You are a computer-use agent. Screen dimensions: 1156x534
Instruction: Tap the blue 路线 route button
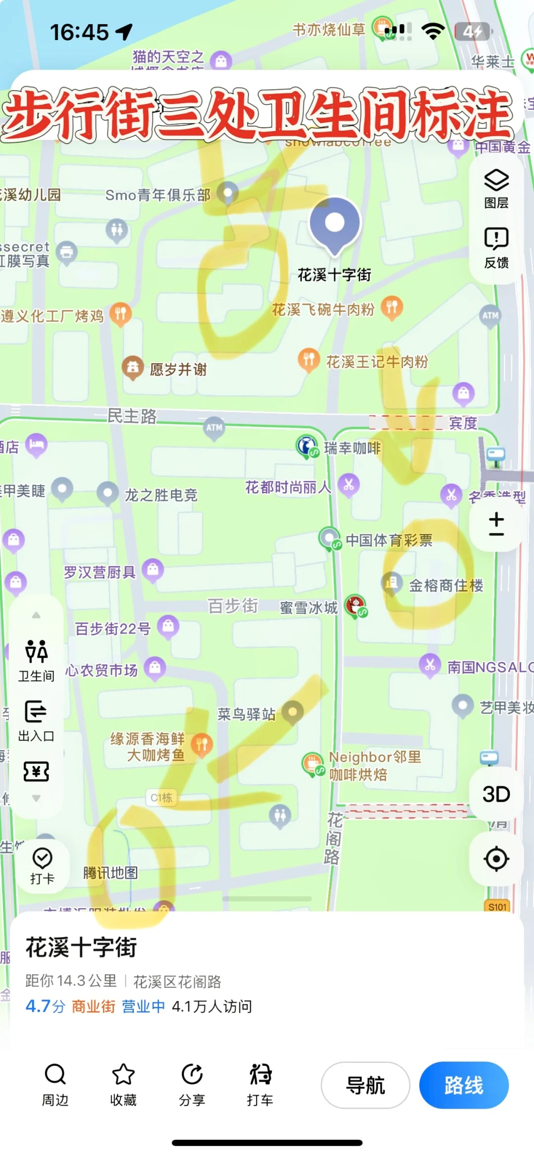pyautogui.click(x=463, y=1085)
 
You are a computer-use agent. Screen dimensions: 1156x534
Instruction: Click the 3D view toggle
pyautogui.click(x=496, y=794)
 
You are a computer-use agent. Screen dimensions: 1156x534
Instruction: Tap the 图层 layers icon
pyautogui.click(x=496, y=181)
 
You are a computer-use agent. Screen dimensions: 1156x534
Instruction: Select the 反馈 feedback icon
pyautogui.click(x=496, y=239)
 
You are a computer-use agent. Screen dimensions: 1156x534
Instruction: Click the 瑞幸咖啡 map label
pyautogui.click(x=352, y=448)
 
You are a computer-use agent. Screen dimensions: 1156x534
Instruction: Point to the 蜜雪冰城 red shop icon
pyautogui.click(x=356, y=606)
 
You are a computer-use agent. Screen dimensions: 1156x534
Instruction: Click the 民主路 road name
pyautogui.click(x=132, y=416)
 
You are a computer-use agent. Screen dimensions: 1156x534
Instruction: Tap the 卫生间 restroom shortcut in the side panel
pyautogui.click(x=36, y=652)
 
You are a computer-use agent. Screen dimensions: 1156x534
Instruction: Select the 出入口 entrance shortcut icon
pyautogui.click(x=36, y=712)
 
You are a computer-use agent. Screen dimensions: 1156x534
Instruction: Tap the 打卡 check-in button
pyautogui.click(x=42, y=859)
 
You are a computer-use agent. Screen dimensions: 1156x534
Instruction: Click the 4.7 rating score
pyautogui.click(x=39, y=1006)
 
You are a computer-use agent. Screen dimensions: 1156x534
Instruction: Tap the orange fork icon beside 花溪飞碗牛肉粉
pyautogui.click(x=392, y=307)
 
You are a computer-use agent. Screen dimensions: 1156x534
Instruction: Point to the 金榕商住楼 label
pyautogui.click(x=446, y=585)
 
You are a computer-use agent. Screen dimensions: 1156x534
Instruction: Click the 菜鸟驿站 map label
pyautogui.click(x=246, y=714)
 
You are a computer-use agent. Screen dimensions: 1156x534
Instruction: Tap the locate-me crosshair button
pyautogui.click(x=496, y=859)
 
